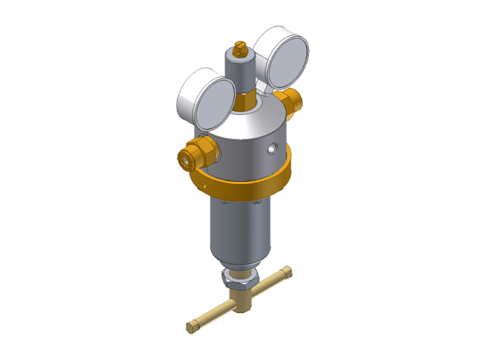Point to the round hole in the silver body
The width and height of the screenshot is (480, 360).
[273, 146]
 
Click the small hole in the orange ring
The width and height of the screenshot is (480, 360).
[208, 185]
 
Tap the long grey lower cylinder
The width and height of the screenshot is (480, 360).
[239, 231]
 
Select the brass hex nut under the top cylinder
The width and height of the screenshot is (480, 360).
[245, 101]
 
